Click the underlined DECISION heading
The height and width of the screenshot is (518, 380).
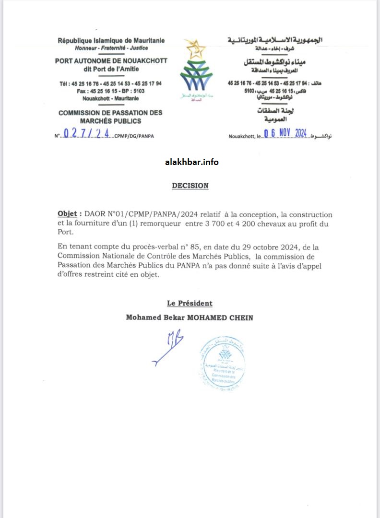190,186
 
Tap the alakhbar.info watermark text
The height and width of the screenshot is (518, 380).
191,162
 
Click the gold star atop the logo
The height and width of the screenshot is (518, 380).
195,48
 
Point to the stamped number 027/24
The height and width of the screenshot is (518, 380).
86,134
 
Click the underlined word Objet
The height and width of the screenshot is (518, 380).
67,214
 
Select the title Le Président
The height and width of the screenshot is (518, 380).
190,303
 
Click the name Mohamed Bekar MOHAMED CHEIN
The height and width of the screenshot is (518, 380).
190,318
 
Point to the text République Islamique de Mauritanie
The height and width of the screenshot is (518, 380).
111,41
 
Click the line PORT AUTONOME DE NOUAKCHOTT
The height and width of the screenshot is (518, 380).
111,61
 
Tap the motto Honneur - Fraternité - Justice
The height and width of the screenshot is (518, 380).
111,48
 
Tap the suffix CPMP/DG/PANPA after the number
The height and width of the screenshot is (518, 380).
135,136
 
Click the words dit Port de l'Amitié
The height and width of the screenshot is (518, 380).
111,69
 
